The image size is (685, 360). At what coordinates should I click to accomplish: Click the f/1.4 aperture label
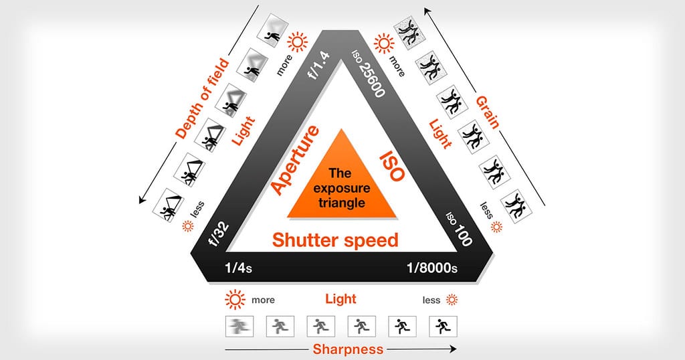[319, 65]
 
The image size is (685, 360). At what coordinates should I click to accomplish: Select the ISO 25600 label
[369, 73]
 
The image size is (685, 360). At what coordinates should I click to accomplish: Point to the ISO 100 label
[459, 229]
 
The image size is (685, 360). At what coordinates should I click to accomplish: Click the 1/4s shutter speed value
[238, 268]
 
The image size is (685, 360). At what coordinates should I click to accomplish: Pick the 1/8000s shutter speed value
[432, 268]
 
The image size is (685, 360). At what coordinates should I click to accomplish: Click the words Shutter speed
[335, 240]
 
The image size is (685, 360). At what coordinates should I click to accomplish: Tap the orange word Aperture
[296, 160]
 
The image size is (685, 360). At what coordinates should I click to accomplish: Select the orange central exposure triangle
[341, 183]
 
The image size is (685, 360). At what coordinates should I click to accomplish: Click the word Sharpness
[348, 349]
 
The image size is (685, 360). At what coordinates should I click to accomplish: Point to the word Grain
[488, 112]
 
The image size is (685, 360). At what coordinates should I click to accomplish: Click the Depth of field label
[202, 99]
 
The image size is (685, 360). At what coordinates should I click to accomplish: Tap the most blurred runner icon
[239, 326]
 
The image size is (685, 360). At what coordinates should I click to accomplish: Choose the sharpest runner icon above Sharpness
[443, 326]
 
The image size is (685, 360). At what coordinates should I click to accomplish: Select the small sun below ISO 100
[496, 227]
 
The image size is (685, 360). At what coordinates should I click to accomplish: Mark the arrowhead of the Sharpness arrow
[454, 349]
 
